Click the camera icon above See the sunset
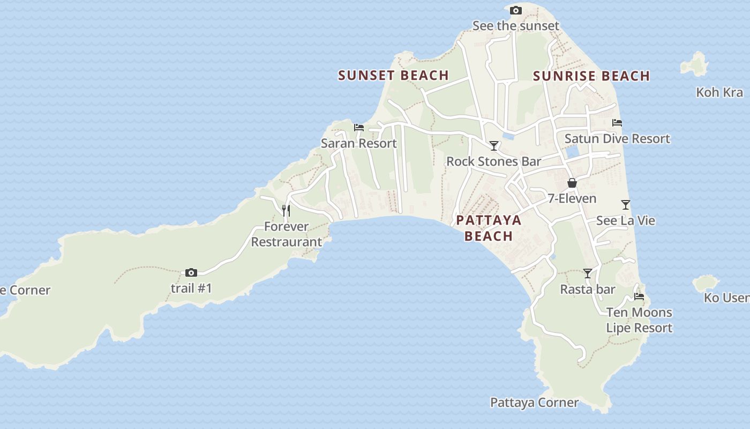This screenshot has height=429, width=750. (x=516, y=10)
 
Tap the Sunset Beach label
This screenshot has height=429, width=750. (x=393, y=76)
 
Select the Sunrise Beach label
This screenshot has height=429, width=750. (x=591, y=76)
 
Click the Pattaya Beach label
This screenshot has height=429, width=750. (x=489, y=228)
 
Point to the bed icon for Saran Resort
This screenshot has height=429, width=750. (x=359, y=128)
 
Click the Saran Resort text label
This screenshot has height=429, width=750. (x=358, y=143)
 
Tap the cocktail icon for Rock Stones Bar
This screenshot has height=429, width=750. (x=494, y=146)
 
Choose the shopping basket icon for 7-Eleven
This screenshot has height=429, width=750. (x=572, y=183)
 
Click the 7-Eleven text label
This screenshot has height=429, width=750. (x=572, y=198)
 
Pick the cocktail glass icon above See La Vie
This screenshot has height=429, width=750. (x=626, y=205)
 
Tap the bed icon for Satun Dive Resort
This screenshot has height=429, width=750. (x=617, y=123)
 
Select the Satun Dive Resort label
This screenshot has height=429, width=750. (x=617, y=138)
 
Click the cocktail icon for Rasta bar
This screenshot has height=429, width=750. (x=588, y=273)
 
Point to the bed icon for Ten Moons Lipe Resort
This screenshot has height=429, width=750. (x=639, y=296)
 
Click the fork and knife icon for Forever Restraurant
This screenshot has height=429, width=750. (x=286, y=210)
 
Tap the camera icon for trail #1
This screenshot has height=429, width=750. (x=191, y=272)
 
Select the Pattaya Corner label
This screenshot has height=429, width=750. (x=534, y=402)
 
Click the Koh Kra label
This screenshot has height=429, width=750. (x=719, y=92)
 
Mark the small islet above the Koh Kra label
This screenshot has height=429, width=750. (x=695, y=65)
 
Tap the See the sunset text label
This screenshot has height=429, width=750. (x=515, y=26)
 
